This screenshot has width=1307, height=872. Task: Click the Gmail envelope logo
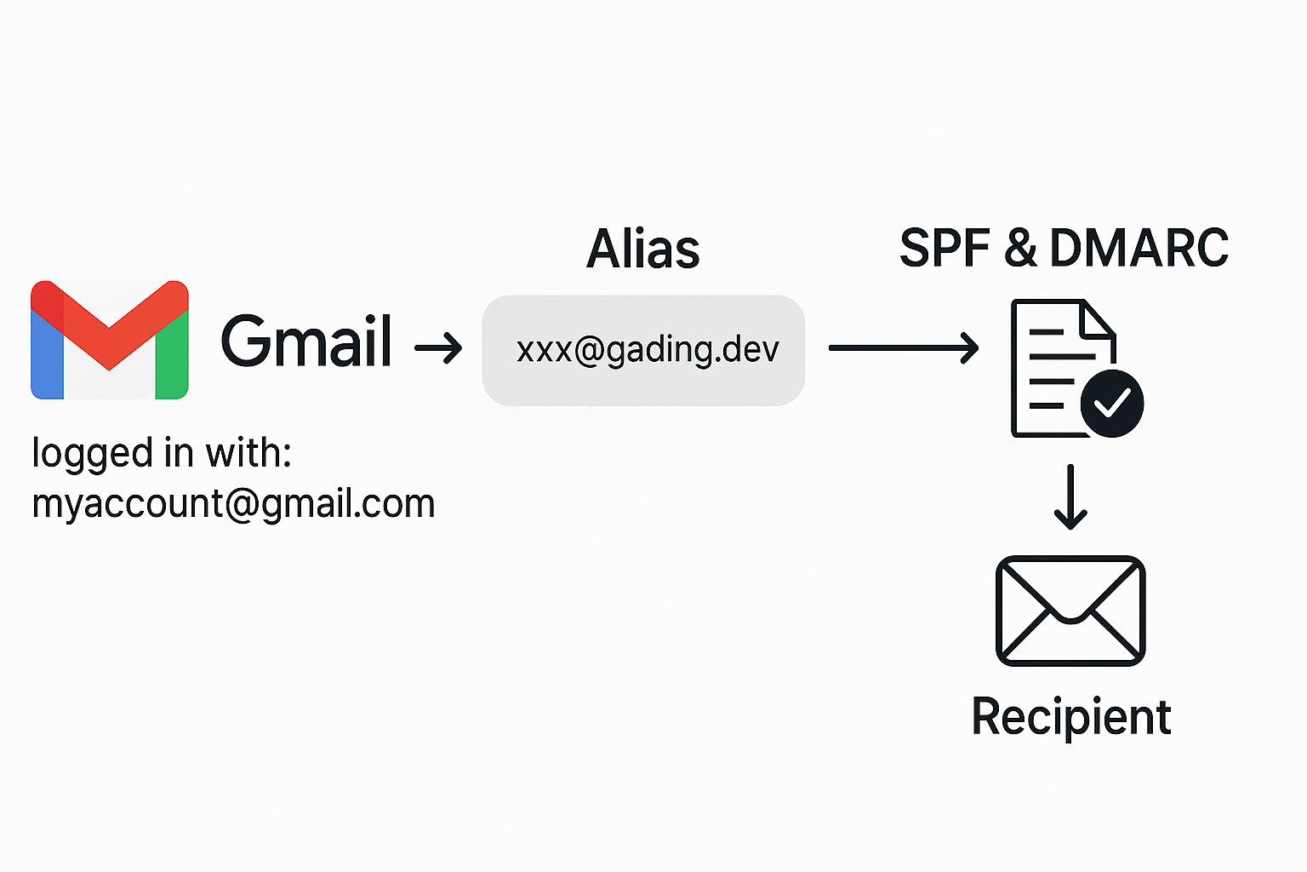pyautogui.click(x=109, y=340)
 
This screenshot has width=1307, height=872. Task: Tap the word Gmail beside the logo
pyautogui.click(x=306, y=341)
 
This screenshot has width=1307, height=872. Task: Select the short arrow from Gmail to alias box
pyautogui.click(x=438, y=347)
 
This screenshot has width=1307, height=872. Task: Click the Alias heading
pyautogui.click(x=642, y=250)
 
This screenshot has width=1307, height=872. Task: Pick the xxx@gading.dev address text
pyautogui.click(x=648, y=350)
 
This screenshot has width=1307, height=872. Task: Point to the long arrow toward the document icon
pyautogui.click(x=903, y=347)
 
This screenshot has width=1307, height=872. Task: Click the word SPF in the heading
pyautogui.click(x=945, y=249)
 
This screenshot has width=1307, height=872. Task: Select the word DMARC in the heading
pyautogui.click(x=1139, y=249)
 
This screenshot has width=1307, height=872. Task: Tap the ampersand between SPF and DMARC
pyautogui.click(x=1019, y=249)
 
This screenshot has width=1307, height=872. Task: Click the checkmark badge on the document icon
pyautogui.click(x=1111, y=403)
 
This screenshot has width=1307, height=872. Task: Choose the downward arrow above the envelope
pyautogui.click(x=1070, y=497)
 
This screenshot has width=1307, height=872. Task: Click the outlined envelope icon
pyautogui.click(x=1070, y=611)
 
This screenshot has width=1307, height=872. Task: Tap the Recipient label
pyautogui.click(x=1071, y=717)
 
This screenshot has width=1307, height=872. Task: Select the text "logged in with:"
pyautogui.click(x=162, y=453)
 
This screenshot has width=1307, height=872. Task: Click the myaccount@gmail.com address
pyautogui.click(x=233, y=503)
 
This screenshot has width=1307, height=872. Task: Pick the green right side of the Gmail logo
pyautogui.click(x=172, y=358)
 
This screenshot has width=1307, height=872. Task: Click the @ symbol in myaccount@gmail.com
pyautogui.click(x=242, y=504)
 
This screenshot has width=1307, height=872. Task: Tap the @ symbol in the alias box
pyautogui.click(x=589, y=350)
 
